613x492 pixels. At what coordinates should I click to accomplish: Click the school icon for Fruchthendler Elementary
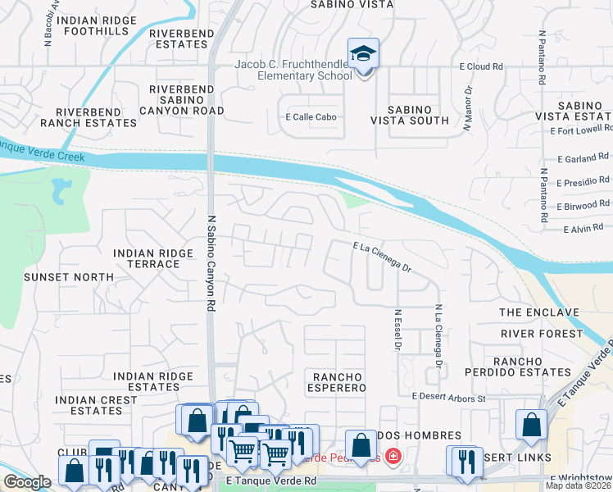pos(363,55)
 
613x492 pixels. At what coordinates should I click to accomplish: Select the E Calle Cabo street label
pos(311,117)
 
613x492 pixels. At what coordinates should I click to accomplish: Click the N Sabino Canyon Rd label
pos(211,263)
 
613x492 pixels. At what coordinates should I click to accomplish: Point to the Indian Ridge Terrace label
pos(147,259)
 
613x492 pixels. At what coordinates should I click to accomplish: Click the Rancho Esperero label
pos(338,382)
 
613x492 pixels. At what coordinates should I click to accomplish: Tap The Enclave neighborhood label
pos(538,312)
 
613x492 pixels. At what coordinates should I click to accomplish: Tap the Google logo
pos(27,482)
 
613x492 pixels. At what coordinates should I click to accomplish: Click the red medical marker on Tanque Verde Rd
pos(393,456)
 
